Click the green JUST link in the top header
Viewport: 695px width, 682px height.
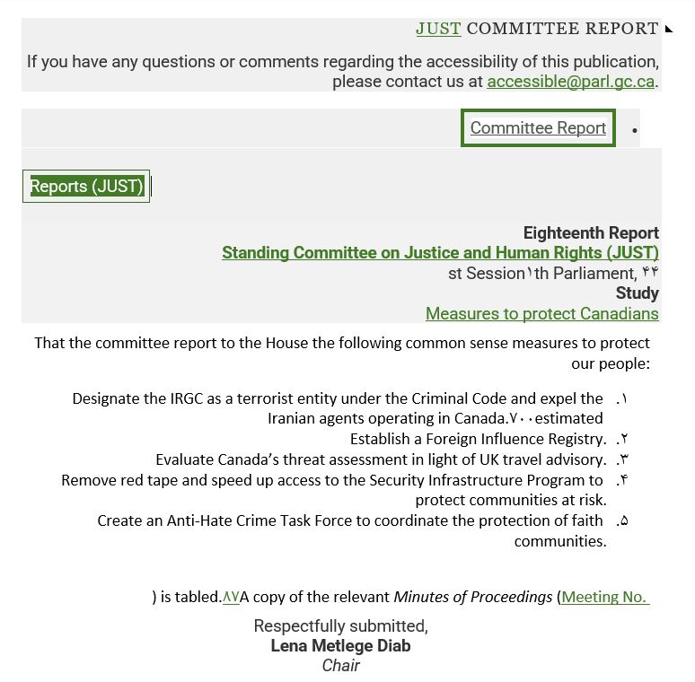point(438,29)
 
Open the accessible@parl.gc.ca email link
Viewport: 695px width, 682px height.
point(570,82)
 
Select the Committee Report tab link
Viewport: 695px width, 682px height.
point(538,128)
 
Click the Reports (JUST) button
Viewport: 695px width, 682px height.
point(86,187)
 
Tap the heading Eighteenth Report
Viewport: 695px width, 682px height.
point(591,233)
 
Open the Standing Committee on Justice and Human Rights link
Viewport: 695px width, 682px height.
point(440,253)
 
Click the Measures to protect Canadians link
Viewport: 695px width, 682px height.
point(541,314)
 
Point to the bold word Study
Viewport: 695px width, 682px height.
point(637,293)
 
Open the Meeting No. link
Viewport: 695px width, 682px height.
point(604,597)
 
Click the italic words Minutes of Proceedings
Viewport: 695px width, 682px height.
point(473,597)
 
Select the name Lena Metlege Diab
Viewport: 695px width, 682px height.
point(340,646)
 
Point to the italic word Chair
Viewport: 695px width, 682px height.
point(340,666)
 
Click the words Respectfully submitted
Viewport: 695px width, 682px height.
point(340,625)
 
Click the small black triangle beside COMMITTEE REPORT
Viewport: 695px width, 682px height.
point(669,30)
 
